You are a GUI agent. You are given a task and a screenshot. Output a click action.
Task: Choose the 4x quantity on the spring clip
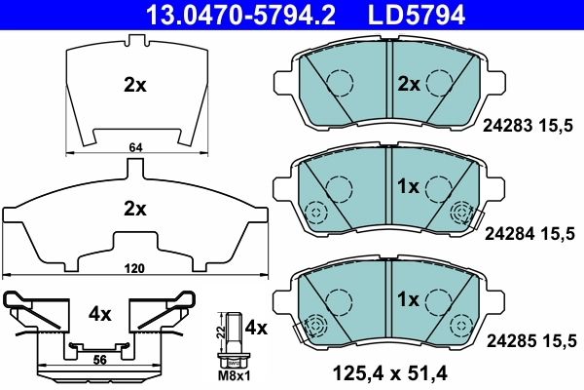tap(101, 315)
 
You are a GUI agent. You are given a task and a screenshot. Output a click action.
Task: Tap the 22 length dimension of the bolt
tap(221, 332)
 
